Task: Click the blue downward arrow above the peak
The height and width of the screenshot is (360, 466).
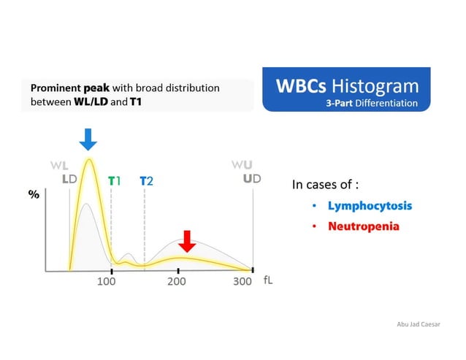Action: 88,139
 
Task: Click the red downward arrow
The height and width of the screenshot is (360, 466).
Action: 188,241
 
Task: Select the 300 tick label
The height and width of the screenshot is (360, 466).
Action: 242,282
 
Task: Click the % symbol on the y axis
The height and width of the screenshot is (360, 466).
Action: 34,196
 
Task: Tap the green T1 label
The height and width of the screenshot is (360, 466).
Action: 115,180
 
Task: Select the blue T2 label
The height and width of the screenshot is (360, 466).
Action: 147,180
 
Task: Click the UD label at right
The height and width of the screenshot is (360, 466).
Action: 252,179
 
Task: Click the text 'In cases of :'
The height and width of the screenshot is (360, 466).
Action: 326,185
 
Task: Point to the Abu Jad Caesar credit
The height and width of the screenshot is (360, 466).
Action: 418,323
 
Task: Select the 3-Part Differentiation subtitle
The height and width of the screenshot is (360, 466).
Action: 373,103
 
